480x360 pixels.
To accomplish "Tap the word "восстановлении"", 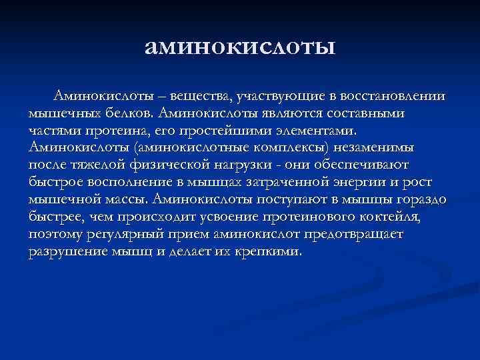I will [x=390, y=98].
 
